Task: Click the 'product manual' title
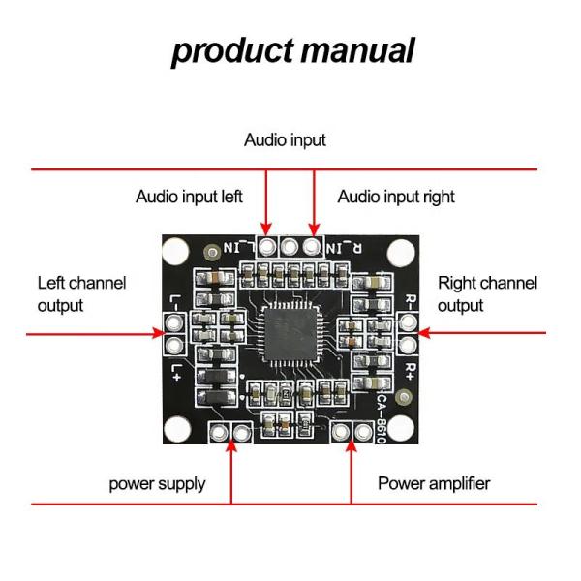coord(292,50)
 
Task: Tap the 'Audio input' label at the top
coord(285,140)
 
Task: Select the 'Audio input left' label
coord(189,197)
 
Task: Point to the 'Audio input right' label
coord(396,197)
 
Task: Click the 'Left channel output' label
coord(81,294)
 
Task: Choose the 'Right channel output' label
coord(487,294)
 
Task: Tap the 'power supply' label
coord(157,483)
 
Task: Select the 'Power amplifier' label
coord(434,483)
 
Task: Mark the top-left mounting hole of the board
coord(175,251)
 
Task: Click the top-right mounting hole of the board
coord(405,251)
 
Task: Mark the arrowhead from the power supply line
coord(230,446)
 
